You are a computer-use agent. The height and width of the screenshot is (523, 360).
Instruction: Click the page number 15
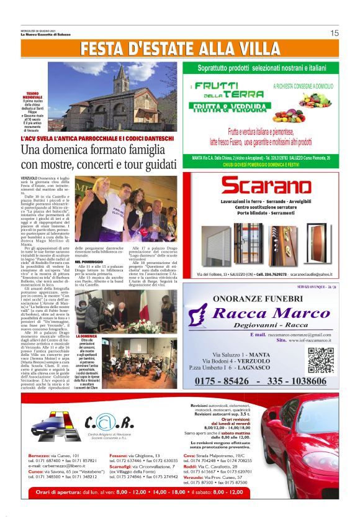(x=335, y=33)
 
